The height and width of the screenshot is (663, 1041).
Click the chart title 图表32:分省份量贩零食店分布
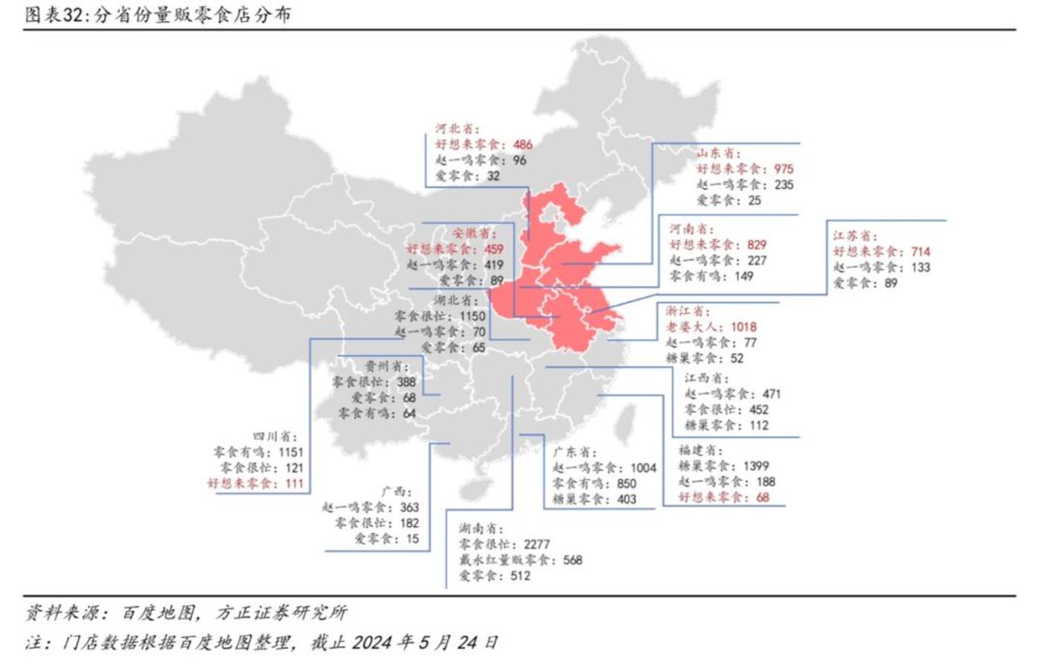click(x=158, y=14)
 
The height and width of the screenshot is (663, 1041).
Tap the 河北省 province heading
click(x=458, y=129)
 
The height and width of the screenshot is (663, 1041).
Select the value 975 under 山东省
click(x=783, y=169)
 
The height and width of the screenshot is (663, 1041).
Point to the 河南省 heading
click(x=691, y=229)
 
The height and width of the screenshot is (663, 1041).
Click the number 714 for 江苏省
click(x=920, y=252)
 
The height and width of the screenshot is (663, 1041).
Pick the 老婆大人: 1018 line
click(x=711, y=327)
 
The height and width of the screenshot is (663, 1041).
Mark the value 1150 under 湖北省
click(x=472, y=316)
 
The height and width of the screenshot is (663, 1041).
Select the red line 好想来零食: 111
click(x=255, y=484)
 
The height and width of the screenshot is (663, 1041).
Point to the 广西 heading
click(x=395, y=492)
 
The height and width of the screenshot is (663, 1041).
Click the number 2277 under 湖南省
click(x=536, y=545)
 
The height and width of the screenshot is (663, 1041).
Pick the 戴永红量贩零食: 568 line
click(x=520, y=560)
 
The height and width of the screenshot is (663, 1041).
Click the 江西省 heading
click(x=707, y=379)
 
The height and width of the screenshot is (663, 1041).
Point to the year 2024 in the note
click(x=374, y=642)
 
